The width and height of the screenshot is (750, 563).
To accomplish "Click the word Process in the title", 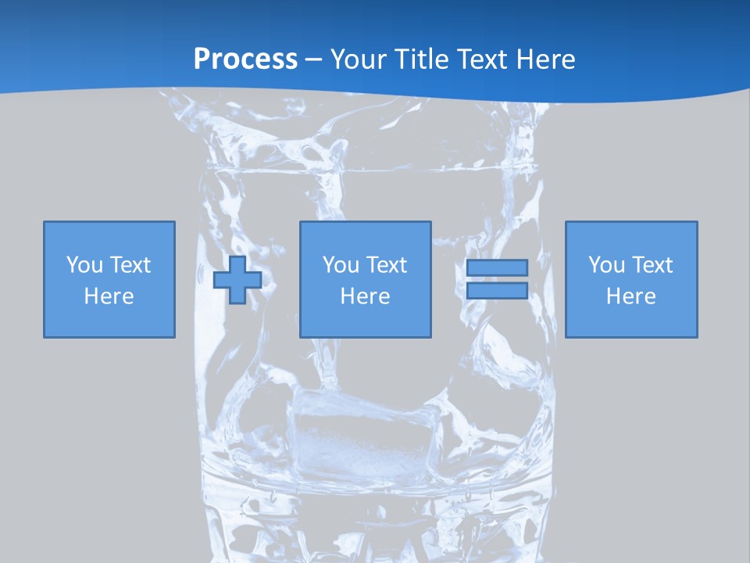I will click(x=245, y=59).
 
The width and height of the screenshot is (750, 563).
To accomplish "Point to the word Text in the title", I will click(x=486, y=59).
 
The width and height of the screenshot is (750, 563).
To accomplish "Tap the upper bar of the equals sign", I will click(x=497, y=267).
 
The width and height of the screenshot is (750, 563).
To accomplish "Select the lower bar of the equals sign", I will click(x=497, y=290).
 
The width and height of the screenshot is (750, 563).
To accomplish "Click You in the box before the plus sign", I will click(x=84, y=265).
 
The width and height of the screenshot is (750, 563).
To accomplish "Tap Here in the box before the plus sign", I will click(x=109, y=296).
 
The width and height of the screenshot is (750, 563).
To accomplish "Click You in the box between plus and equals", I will click(x=340, y=265).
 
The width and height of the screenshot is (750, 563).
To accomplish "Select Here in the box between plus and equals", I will click(x=365, y=296).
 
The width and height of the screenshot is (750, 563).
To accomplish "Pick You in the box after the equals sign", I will click(x=605, y=265).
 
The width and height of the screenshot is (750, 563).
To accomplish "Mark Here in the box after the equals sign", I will click(x=630, y=296).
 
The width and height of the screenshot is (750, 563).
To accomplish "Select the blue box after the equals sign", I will click(x=631, y=321).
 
